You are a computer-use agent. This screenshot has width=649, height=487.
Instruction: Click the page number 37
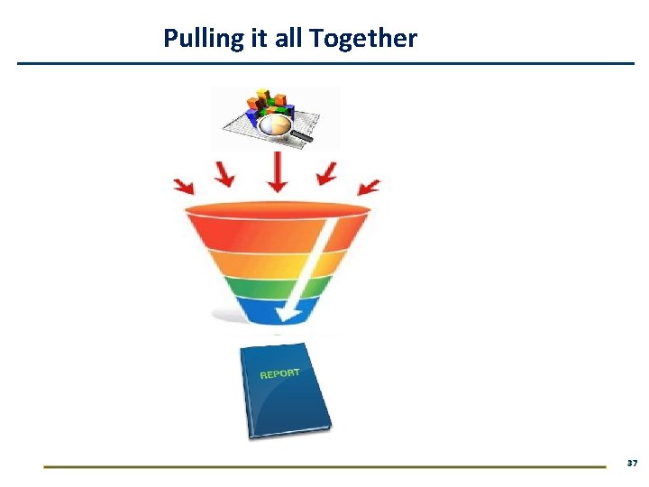(x=632, y=463)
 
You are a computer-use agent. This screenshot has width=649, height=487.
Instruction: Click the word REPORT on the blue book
(x=279, y=373)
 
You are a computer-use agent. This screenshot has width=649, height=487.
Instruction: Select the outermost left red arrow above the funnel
(x=183, y=185)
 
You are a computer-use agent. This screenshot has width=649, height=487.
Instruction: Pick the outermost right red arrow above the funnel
(x=369, y=187)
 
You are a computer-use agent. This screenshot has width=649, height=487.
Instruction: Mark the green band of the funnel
(x=261, y=287)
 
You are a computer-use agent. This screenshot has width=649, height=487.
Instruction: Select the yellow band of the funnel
(x=261, y=263)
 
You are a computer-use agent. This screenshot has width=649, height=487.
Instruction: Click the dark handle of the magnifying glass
(x=301, y=137)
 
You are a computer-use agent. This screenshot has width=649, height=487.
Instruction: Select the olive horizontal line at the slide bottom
(x=324, y=466)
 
